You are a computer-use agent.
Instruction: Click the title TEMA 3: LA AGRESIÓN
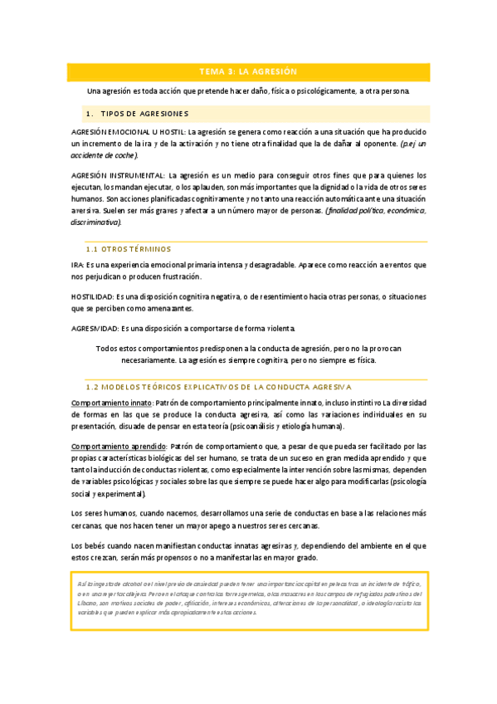click(248, 71)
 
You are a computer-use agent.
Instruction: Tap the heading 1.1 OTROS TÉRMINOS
click(129, 249)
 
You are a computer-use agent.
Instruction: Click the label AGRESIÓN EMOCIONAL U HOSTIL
click(129, 132)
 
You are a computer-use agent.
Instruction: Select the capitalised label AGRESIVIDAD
click(95, 328)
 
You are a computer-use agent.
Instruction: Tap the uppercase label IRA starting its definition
click(78, 265)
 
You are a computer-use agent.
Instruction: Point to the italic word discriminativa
click(95, 222)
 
